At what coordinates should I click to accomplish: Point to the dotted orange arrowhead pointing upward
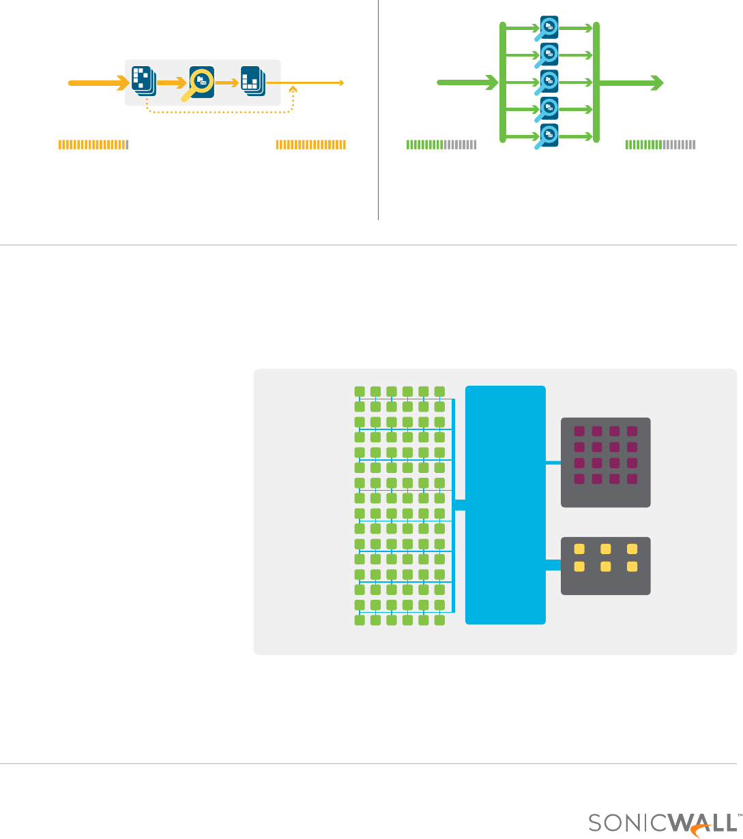coord(293,89)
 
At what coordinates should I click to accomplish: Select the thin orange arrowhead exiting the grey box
coord(340,83)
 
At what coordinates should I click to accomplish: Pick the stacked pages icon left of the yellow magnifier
coord(143,81)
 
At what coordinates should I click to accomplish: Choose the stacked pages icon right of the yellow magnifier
coord(253,81)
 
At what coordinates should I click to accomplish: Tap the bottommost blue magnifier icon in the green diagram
coord(549,135)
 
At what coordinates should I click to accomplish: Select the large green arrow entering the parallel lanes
coord(467,82)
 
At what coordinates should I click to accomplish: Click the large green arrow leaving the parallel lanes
coord(631,82)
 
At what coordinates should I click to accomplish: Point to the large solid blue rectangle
coord(505,504)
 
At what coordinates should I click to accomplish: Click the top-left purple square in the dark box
coord(579,431)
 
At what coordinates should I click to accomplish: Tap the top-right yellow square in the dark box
coord(632,549)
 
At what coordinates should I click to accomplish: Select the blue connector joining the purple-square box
coord(553,463)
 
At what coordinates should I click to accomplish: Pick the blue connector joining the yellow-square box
coord(553,564)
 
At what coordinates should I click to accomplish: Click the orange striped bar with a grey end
coord(93,144)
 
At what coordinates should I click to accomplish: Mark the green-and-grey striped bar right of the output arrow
coord(660,144)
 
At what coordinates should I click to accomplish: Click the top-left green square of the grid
coord(360,391)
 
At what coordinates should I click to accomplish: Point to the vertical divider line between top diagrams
coord(378,109)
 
